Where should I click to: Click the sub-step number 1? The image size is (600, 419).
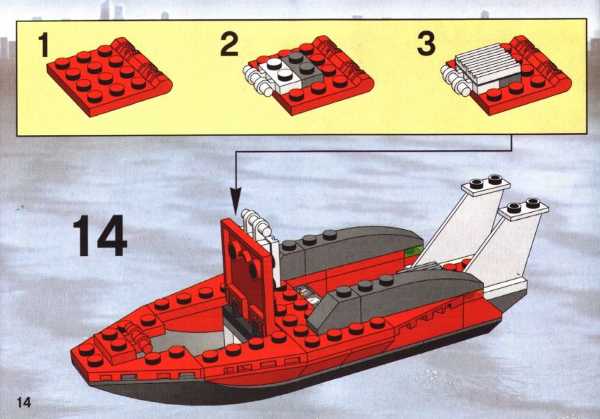click(x=44, y=45)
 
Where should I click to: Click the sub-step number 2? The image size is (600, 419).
click(x=229, y=45)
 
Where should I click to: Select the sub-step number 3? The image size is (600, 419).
click(x=426, y=44)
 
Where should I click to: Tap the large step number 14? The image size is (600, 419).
click(x=100, y=236)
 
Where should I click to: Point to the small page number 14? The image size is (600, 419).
click(x=23, y=402)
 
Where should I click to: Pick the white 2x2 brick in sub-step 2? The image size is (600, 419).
click(x=275, y=75)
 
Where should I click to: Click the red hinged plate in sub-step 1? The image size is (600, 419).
click(x=110, y=76)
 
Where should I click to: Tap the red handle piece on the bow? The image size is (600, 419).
click(x=135, y=334)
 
